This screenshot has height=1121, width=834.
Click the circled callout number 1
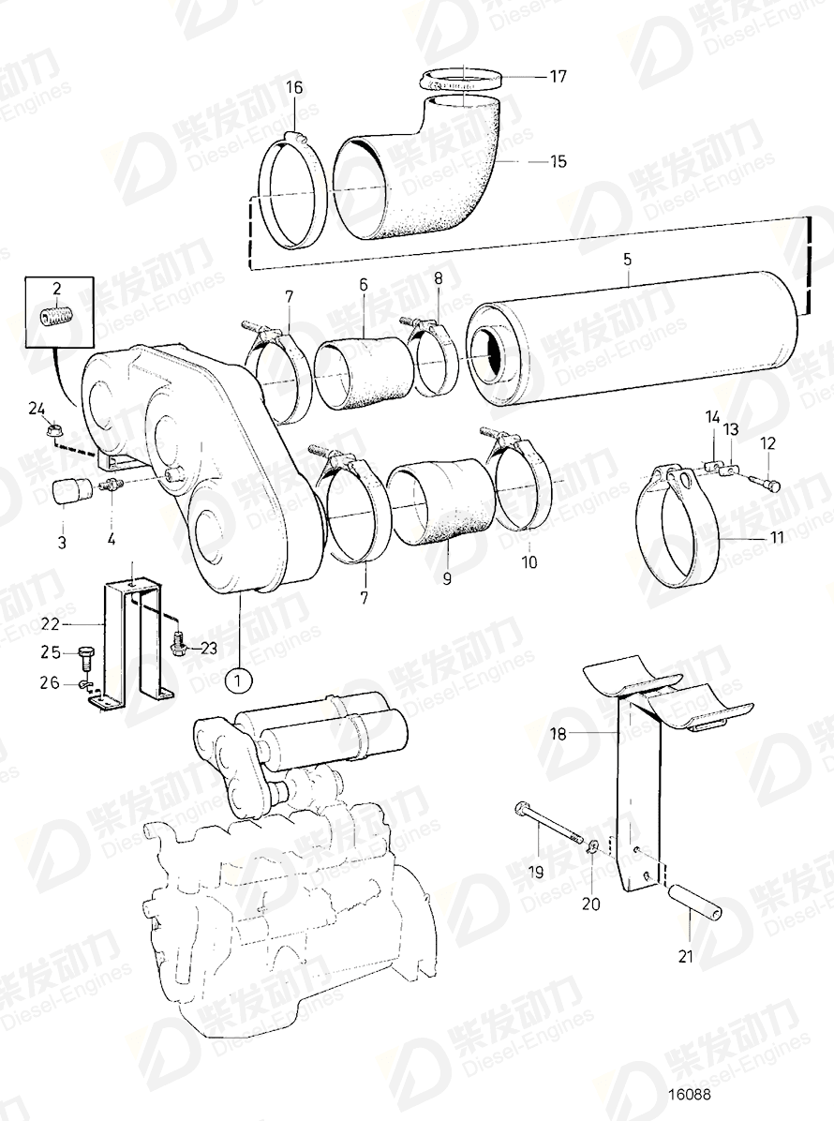pyautogui.click(x=239, y=678)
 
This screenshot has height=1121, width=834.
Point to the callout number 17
pyautogui.click(x=558, y=77)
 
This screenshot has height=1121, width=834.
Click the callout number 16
pyautogui.click(x=294, y=88)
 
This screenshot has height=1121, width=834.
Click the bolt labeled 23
pyautogui.click(x=179, y=645)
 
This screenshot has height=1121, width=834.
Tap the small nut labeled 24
pyautogui.click(x=54, y=430)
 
